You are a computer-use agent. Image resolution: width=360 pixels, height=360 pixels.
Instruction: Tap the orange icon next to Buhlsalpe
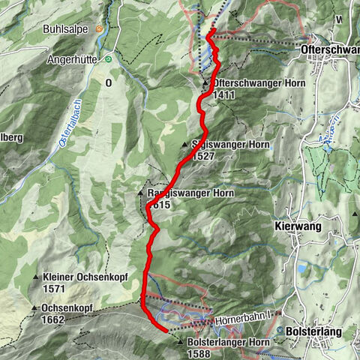tap(98, 29)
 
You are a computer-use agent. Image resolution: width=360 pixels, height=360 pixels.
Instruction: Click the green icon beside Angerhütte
tap(108, 58)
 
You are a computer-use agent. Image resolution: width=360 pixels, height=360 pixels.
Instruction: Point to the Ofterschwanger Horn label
tap(258, 83)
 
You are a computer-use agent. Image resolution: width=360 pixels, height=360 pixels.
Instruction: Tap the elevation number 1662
tap(54, 319)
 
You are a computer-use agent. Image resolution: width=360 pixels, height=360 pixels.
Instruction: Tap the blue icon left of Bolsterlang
tap(280, 331)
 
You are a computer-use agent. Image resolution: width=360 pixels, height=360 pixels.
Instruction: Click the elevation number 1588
tap(200, 353)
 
